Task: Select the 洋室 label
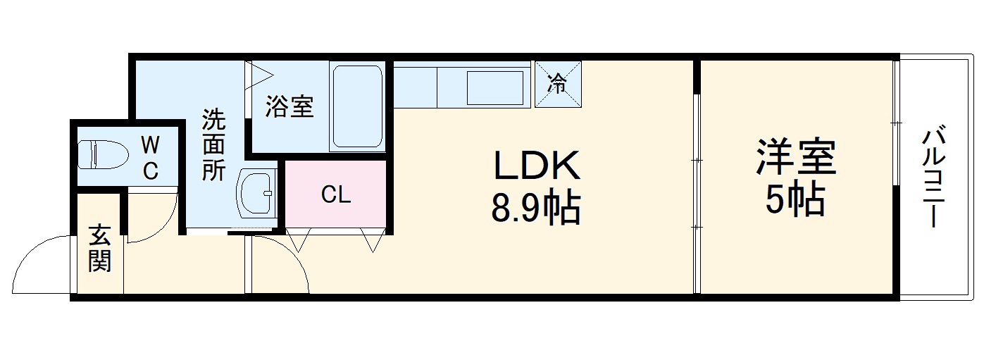click(796, 158)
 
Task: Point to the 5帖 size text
click(795, 201)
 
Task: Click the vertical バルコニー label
click(933, 176)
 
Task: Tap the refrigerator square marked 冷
click(558, 85)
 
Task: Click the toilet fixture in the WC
click(101, 154)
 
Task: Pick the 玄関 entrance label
click(99, 248)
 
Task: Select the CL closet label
click(336, 195)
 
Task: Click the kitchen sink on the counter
click(496, 87)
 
